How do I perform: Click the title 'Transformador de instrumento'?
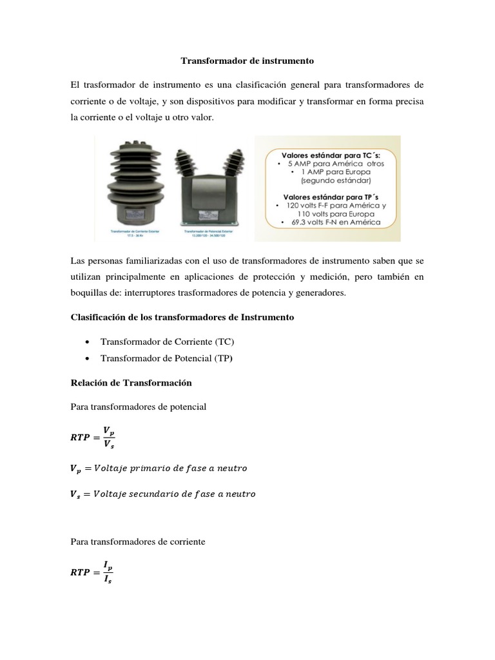(247, 61)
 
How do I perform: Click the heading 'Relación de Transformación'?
(131, 382)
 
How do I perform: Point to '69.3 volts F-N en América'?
(329, 222)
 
